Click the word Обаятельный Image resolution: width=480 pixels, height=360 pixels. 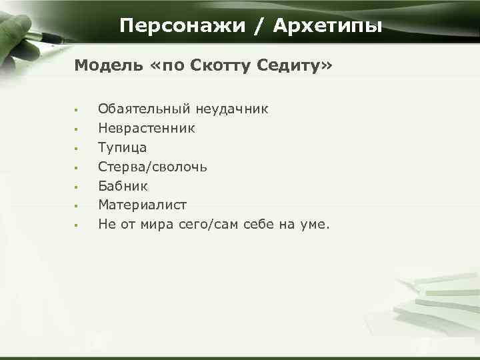[141, 109]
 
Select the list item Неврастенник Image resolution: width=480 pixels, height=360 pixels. [147, 128]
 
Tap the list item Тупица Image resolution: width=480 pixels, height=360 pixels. [122, 147]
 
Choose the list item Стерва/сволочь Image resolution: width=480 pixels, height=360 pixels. [153, 167]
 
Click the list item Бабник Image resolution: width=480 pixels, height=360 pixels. [123, 186]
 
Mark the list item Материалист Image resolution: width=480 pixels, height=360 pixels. [142, 205]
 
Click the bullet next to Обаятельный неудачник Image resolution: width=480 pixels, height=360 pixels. [77, 109]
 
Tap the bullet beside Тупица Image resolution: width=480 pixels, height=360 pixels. [77, 148]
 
